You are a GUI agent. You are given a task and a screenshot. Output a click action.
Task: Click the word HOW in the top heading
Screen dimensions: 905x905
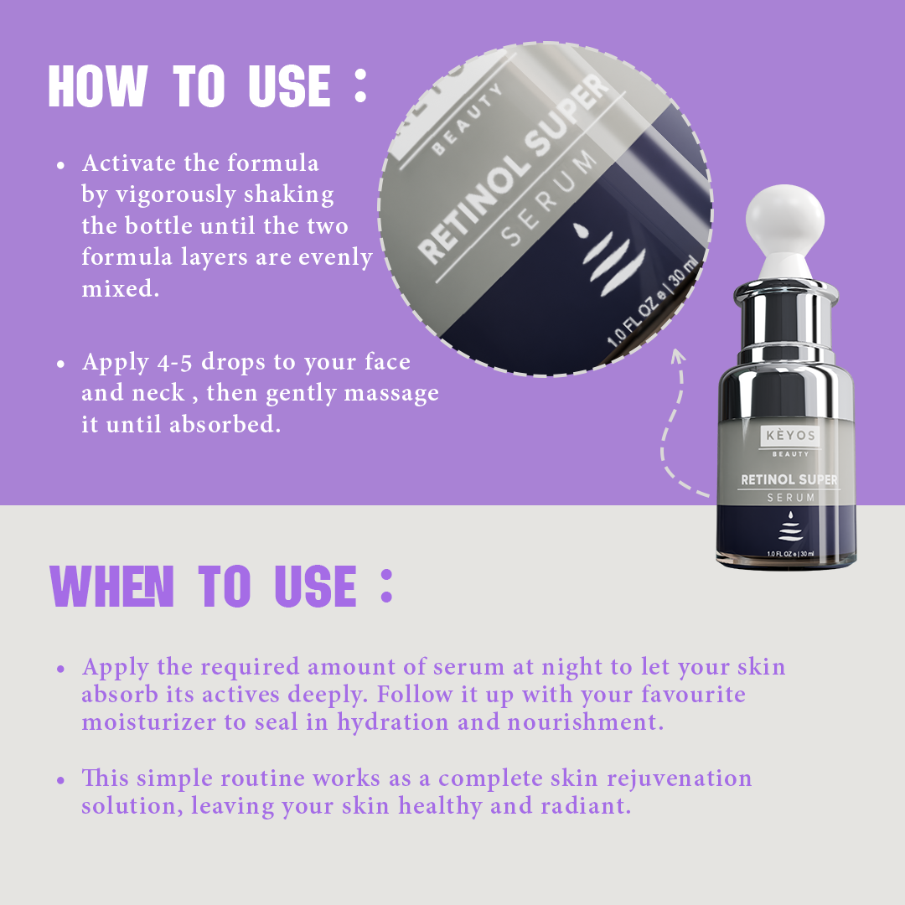tap(98, 85)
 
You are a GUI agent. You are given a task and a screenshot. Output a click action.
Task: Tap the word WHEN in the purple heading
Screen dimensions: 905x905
tap(112, 586)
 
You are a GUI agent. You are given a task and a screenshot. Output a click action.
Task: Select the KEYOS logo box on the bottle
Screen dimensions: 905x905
tap(790, 436)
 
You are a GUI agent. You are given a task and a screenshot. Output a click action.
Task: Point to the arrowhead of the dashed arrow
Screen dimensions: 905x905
tap(678, 355)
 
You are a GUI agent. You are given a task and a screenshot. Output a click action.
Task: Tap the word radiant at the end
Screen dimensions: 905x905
tap(586, 806)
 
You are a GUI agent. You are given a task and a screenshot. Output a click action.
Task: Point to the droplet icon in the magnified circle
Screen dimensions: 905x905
tap(580, 230)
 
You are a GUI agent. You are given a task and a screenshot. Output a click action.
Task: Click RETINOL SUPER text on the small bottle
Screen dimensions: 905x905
tap(789, 479)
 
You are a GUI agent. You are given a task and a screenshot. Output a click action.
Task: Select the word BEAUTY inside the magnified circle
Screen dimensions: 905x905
tap(467, 120)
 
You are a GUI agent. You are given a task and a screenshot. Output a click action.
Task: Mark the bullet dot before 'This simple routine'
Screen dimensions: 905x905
tap(60, 781)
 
